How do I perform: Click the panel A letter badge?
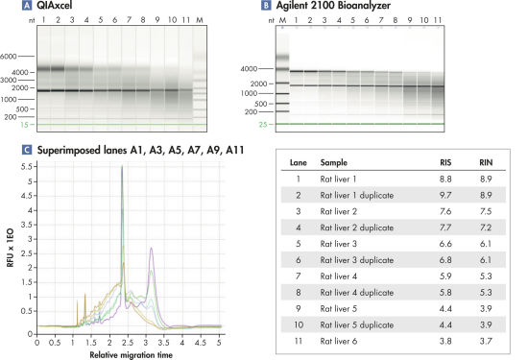coord(13,7)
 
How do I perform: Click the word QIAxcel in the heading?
coord(42,7)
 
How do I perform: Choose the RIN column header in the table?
coord(485,163)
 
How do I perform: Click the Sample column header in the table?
coord(334,163)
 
